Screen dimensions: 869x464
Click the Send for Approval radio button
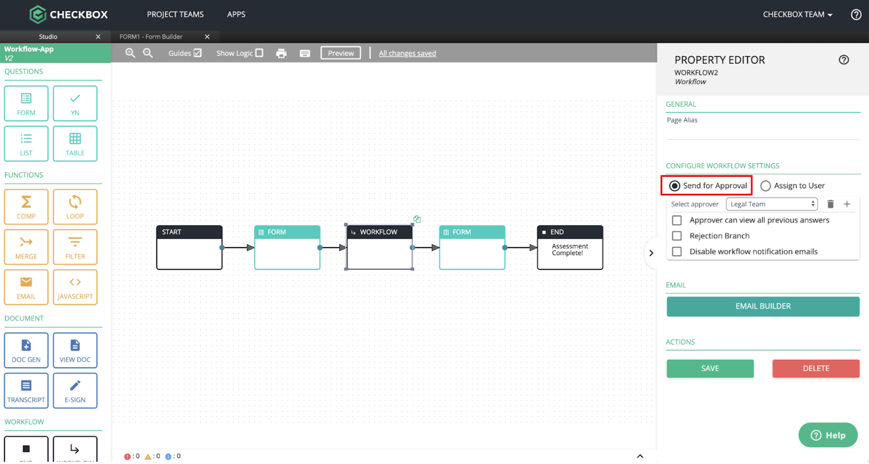[x=674, y=186]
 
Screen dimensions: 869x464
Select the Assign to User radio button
[x=765, y=186]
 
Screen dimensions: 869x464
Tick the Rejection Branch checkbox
[x=677, y=236]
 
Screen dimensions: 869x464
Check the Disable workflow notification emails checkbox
[x=677, y=251]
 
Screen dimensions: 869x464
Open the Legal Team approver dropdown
[x=772, y=204]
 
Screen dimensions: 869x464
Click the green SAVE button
[x=710, y=368]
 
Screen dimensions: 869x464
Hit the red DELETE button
[x=816, y=368]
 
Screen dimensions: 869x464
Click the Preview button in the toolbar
[x=341, y=53]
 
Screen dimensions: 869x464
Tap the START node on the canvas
[x=189, y=248]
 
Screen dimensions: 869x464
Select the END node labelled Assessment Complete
[x=570, y=248]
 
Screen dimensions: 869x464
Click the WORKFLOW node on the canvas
[x=379, y=248]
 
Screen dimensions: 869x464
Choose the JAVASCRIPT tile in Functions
[x=75, y=287]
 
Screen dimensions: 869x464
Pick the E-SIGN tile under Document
[x=75, y=390]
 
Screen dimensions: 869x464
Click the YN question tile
[x=75, y=103]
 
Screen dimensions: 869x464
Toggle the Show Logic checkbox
[x=259, y=53]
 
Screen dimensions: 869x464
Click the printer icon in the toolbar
[x=281, y=53]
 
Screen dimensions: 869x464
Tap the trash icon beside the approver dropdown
[x=830, y=204]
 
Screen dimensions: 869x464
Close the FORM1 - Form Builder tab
[x=207, y=36]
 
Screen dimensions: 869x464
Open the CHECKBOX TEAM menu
[x=797, y=15]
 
